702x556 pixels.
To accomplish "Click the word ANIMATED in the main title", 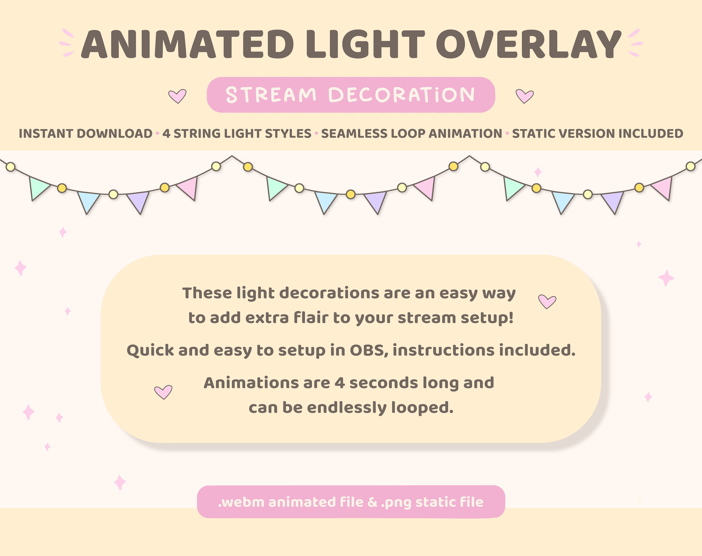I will point(187,45).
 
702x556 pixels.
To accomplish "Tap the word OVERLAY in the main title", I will point(529,45).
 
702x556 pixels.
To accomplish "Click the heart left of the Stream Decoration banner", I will point(177,96).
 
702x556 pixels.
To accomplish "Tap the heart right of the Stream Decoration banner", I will point(525,96).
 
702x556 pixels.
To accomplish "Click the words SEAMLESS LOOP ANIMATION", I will point(412,133).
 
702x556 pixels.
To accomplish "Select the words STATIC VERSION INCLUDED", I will point(598,133).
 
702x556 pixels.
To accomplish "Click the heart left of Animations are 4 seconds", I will point(163,391).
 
